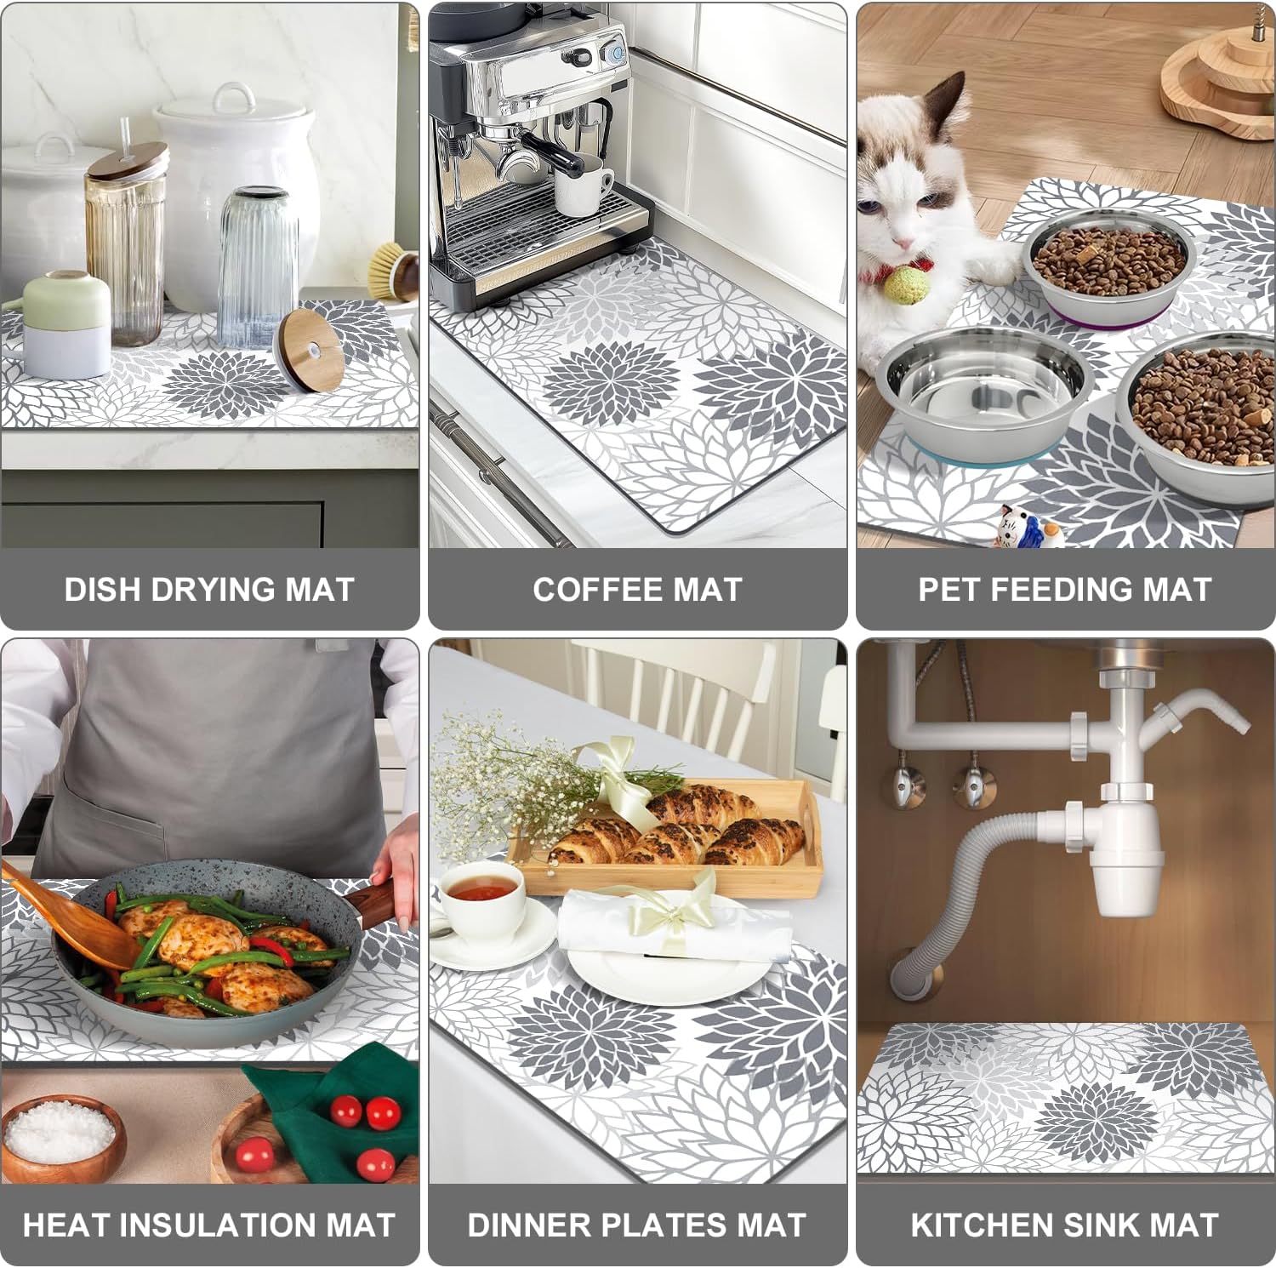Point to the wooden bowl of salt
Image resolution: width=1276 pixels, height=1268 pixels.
pyautogui.click(x=61, y=1136)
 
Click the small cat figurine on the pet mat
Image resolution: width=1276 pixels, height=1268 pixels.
pyautogui.click(x=1019, y=528)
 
